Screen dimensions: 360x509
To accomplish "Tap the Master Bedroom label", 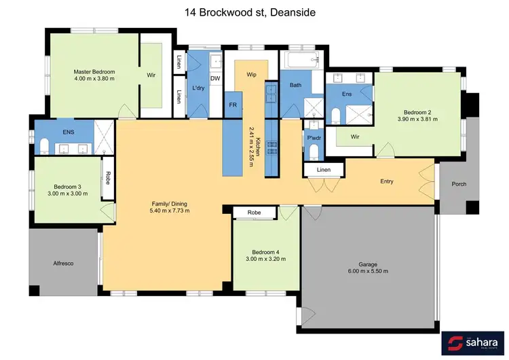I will click(94, 71).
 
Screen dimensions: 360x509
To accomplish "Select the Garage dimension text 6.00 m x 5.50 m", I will click(368, 271).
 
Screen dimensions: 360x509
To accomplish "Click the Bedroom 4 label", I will click(265, 252).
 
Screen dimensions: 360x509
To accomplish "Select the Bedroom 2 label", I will click(418, 112).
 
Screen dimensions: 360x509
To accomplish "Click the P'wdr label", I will click(314, 138).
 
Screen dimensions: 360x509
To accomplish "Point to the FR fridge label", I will click(233, 105).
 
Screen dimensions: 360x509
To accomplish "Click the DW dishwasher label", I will click(214, 79).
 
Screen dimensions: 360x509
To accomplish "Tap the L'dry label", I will click(199, 88).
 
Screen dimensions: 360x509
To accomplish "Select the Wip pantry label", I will click(250, 74).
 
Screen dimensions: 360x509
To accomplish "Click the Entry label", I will click(387, 181).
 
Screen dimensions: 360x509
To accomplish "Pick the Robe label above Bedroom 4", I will click(254, 213).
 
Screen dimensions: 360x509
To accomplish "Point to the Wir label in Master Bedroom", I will click(151, 75).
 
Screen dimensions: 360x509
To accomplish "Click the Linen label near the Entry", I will click(324, 169).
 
